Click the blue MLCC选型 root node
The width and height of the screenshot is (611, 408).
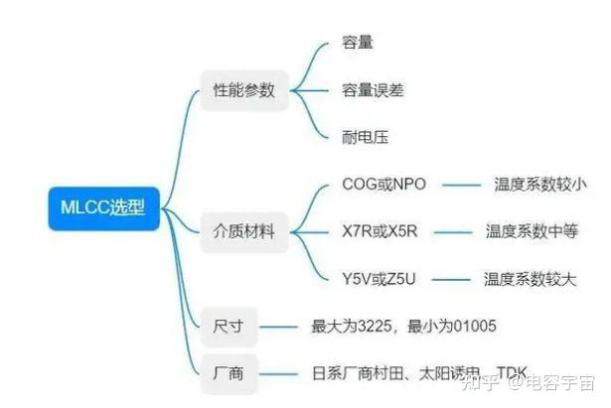101,207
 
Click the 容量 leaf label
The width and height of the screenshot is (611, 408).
358,43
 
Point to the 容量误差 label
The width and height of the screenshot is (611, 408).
373,90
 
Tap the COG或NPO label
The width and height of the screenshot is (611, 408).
382,184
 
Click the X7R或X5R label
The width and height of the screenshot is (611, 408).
380,232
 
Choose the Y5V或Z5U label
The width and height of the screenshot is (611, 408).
381,279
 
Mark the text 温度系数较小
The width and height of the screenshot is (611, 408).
540,184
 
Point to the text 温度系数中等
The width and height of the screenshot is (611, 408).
532,232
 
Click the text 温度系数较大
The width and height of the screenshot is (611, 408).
530,279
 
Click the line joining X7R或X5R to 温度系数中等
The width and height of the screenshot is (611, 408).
452,232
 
